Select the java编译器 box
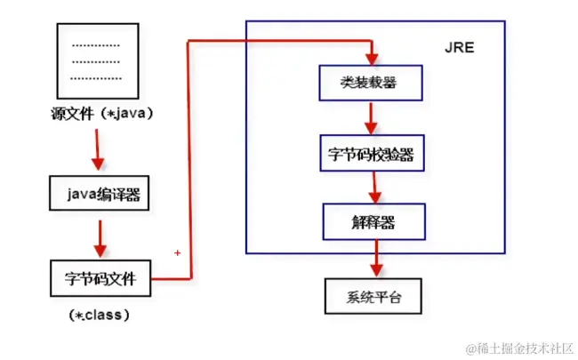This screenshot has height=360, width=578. (x=98, y=193)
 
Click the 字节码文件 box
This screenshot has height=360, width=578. (x=100, y=278)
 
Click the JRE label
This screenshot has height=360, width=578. (x=458, y=47)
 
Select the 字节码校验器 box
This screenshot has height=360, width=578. (x=371, y=153)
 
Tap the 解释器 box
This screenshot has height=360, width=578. (x=373, y=221)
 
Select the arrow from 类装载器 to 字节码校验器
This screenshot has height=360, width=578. (x=368, y=117)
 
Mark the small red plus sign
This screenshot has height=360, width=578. (x=178, y=253)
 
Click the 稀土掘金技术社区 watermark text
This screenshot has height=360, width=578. (x=516, y=345)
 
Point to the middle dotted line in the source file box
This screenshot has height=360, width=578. (x=95, y=60)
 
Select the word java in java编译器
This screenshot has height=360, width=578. (x=80, y=193)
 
